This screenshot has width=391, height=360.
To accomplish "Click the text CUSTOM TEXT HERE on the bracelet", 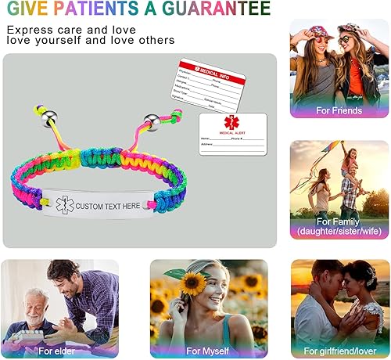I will pyautogui.click(x=108, y=205).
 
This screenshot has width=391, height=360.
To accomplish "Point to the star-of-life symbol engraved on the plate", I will pyautogui.click(x=63, y=205).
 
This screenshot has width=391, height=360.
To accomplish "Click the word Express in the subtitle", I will pyautogui.click(x=29, y=30).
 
